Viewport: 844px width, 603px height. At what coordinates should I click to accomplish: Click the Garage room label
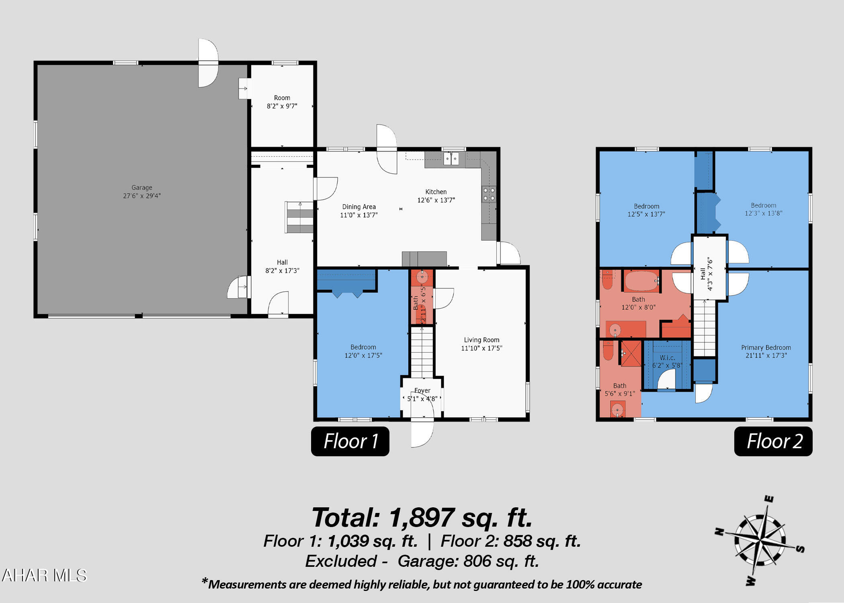coord(142,192)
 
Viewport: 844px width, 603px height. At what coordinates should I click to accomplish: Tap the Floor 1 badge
coord(350,441)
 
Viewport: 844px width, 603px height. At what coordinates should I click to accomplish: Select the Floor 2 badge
coord(773,441)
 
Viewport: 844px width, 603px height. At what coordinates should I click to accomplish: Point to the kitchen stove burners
coord(489,194)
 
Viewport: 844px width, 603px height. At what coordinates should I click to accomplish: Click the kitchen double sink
coord(451,159)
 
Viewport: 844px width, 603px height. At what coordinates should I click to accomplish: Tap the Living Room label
coord(481,344)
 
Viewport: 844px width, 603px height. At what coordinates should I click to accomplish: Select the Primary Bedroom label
coord(766,351)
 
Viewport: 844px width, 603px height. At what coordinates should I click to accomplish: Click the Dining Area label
coord(359,211)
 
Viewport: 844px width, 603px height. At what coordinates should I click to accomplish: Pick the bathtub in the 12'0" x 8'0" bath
coord(641,281)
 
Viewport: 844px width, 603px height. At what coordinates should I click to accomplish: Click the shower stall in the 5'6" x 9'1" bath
coord(631,354)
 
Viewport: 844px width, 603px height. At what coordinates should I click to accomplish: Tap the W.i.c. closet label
coord(667,361)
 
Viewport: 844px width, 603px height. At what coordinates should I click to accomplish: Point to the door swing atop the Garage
coord(208,63)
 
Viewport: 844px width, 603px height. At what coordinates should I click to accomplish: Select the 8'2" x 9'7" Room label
coord(282,102)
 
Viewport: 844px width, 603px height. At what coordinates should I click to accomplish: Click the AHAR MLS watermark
coord(44,576)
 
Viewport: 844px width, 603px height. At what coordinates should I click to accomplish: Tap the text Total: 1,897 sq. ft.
coord(422,517)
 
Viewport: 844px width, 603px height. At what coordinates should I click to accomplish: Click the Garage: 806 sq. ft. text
coord(468,561)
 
